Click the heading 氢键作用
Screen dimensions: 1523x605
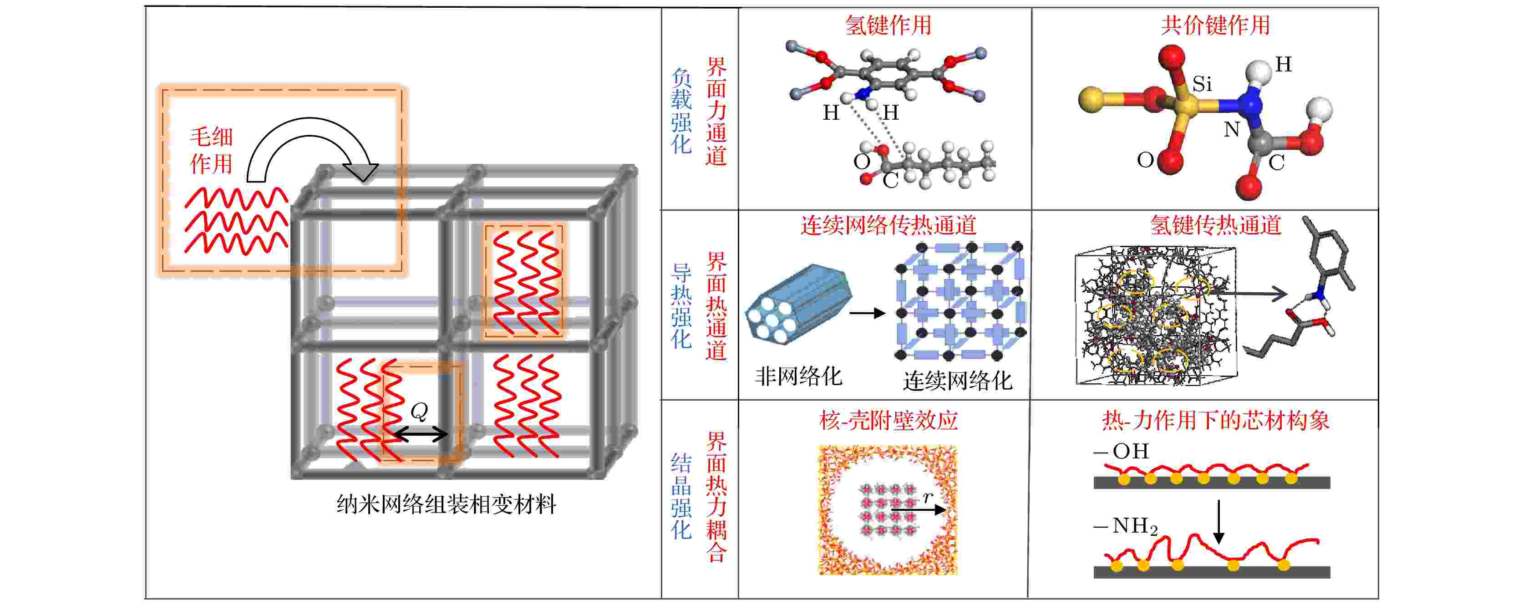point(888,25)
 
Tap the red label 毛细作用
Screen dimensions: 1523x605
point(211,150)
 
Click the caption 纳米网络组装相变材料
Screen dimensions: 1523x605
point(447,504)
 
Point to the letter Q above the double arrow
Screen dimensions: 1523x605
point(419,411)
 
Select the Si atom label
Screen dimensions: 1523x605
point(1202,84)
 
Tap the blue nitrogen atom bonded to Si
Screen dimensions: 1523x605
point(1250,107)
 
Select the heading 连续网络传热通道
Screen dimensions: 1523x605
point(888,225)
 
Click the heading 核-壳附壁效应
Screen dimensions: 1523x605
point(888,421)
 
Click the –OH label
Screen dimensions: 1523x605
point(1121,451)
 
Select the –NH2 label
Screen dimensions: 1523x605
point(1125,526)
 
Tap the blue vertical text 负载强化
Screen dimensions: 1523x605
point(681,111)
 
